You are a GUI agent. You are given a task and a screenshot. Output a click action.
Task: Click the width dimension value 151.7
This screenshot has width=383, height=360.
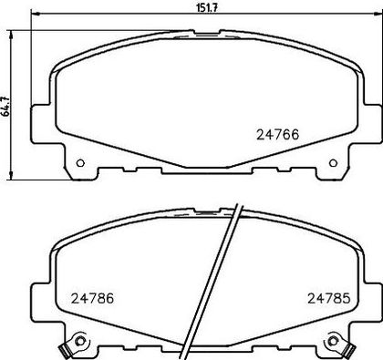pyautogui.click(x=207, y=8)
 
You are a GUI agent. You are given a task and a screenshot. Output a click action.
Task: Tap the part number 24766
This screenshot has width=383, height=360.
pyautogui.click(x=278, y=135)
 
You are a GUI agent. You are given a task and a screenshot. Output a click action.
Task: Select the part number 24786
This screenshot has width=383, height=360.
pyautogui.click(x=92, y=298)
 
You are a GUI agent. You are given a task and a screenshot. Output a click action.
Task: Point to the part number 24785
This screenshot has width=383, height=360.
pyautogui.click(x=329, y=298)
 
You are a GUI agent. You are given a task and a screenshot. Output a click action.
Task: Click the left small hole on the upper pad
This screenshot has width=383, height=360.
pyautogui.click(x=80, y=163)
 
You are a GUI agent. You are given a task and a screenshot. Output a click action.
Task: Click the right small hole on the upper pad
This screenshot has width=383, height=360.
pyautogui.click(x=333, y=163)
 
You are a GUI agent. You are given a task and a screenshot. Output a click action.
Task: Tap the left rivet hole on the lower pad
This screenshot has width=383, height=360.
pyautogui.click(x=80, y=341)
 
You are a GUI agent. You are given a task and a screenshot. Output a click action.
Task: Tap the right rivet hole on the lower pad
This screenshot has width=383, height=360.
pyautogui.click(x=333, y=341)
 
